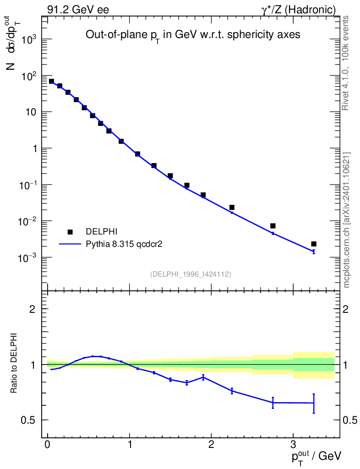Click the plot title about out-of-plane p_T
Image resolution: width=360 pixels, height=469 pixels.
[193, 36]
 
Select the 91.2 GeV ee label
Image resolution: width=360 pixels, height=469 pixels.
[78, 10]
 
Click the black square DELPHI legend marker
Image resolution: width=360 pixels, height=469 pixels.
[70, 232]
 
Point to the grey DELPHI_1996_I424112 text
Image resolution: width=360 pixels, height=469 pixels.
[191, 274]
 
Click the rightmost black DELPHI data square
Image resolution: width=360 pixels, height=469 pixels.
[314, 244]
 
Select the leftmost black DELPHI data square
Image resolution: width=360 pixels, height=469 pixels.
[51, 82]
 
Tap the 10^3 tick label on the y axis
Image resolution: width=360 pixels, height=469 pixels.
[28, 40]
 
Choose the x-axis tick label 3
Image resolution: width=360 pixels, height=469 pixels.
[293, 444]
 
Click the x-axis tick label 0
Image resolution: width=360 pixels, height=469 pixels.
[48, 444]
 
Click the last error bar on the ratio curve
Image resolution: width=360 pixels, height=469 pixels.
[314, 403]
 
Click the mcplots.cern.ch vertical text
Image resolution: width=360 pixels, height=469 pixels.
[347, 220]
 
